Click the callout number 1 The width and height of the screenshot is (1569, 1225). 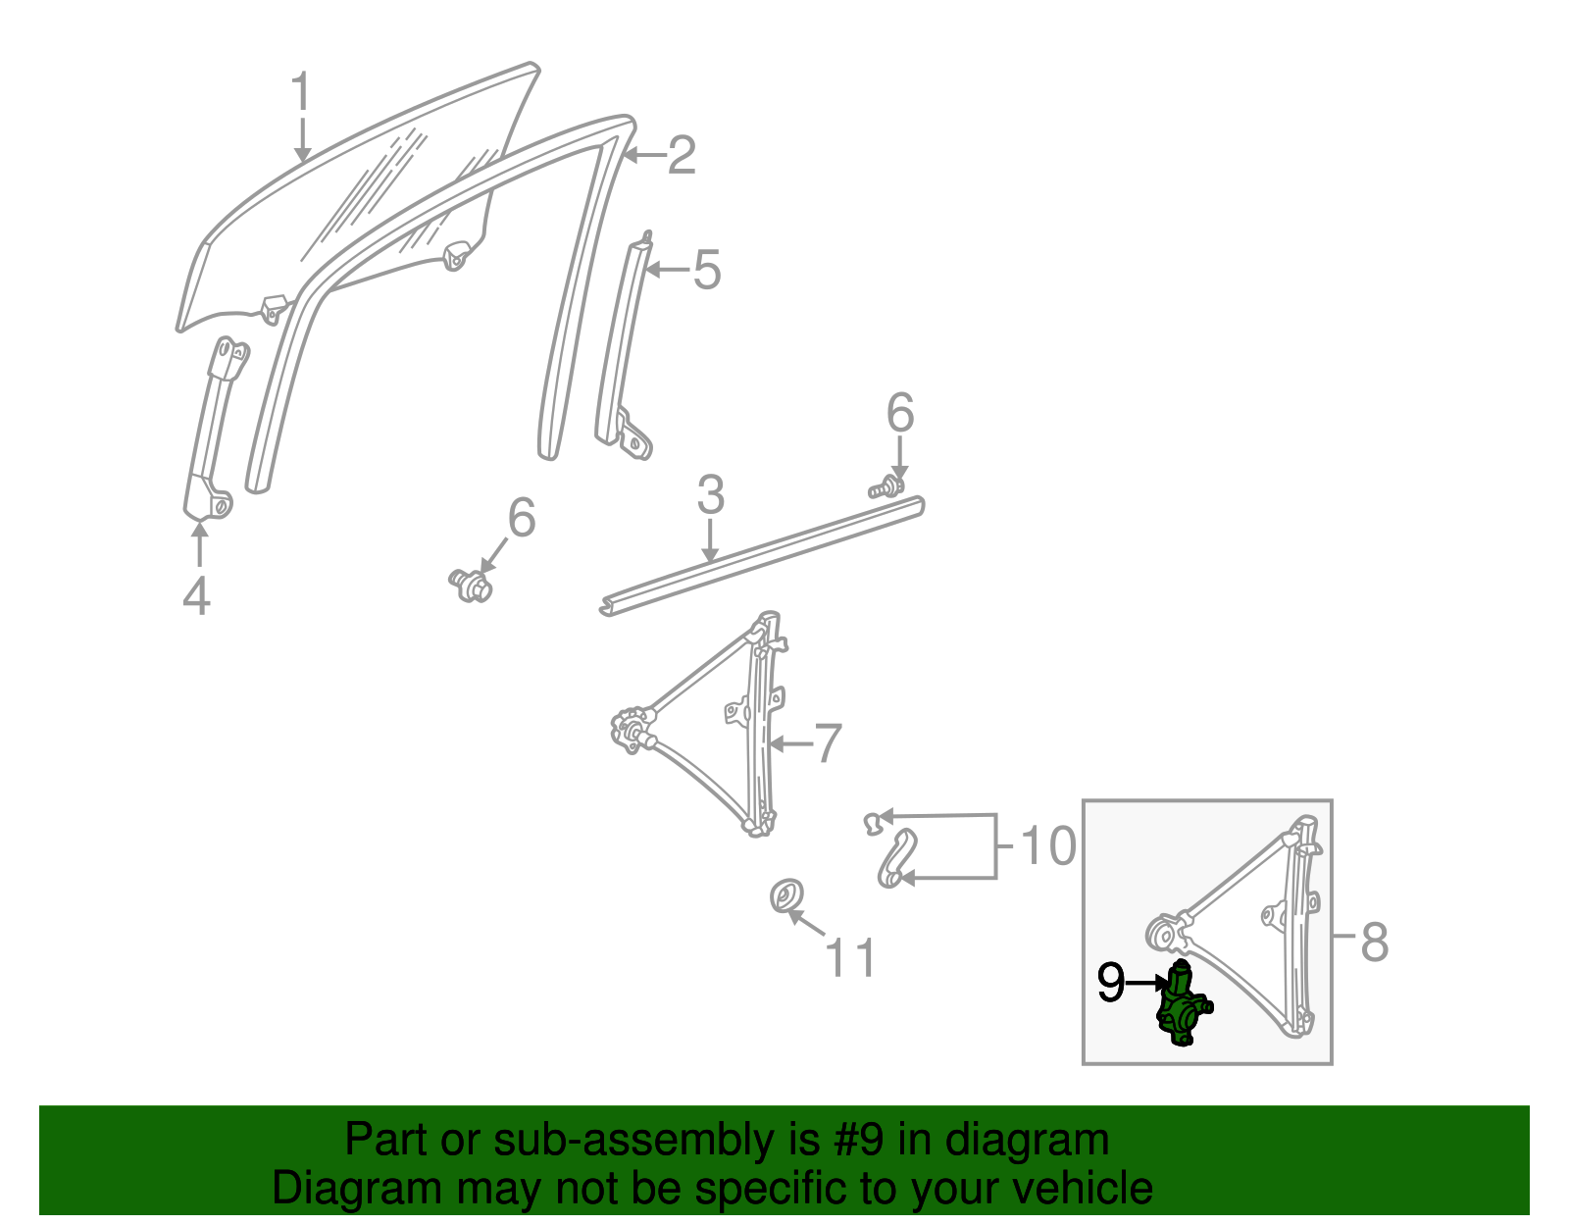click(x=301, y=93)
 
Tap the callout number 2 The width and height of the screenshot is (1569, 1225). click(x=682, y=156)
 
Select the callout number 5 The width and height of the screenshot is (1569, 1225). click(x=706, y=270)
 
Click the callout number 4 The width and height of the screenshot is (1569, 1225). click(x=196, y=595)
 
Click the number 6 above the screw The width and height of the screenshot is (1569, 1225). click(x=899, y=413)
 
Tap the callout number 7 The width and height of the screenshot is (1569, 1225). click(x=828, y=743)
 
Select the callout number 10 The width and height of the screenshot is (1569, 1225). click(x=1047, y=845)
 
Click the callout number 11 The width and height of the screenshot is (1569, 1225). click(x=850, y=957)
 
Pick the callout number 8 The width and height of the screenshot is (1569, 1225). click(x=1375, y=942)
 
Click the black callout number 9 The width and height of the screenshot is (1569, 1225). click(x=1111, y=983)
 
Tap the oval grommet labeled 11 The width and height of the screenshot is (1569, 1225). click(x=785, y=896)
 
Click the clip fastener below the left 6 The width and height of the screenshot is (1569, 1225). click(x=472, y=585)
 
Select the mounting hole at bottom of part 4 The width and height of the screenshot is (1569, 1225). click(x=221, y=507)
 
